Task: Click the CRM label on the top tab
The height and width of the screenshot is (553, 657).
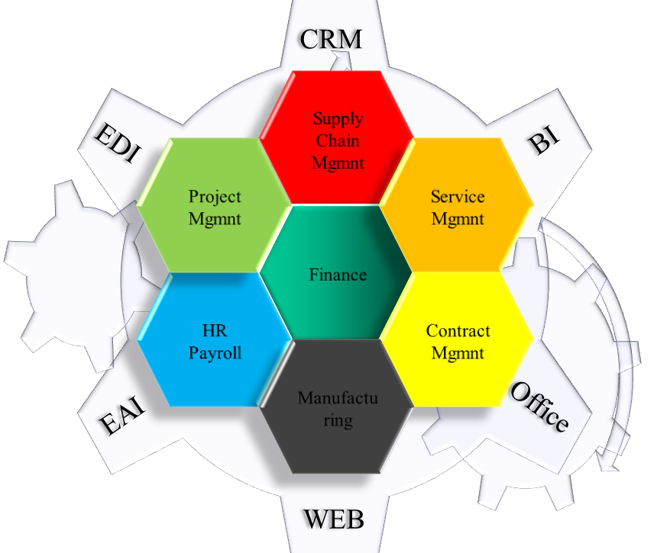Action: [x=330, y=40]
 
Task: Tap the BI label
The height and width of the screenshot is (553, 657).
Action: [x=544, y=141]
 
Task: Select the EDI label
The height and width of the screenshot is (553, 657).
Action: [x=117, y=145]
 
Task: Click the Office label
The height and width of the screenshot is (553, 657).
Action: [x=539, y=407]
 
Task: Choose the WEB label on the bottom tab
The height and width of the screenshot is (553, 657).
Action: [x=334, y=519]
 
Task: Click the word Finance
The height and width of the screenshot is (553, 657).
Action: [x=338, y=275]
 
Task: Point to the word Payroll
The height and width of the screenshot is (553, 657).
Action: [x=215, y=353]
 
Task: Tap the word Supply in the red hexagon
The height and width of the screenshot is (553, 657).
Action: [x=338, y=119]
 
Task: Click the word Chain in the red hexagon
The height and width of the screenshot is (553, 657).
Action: [x=338, y=140]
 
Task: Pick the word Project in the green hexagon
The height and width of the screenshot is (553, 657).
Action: [x=215, y=197]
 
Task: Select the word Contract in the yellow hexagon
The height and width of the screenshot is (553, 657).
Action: [x=458, y=332]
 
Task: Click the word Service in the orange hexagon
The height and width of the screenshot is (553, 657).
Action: [x=458, y=197]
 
